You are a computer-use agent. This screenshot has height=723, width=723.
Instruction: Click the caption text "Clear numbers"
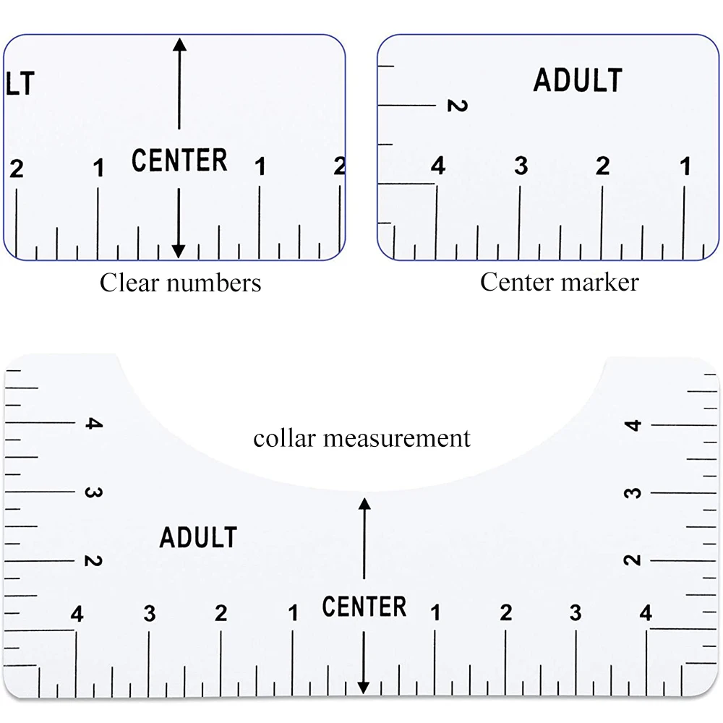[180, 282]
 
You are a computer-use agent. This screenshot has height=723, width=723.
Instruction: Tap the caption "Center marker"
[559, 281]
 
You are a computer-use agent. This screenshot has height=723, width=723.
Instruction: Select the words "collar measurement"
[361, 437]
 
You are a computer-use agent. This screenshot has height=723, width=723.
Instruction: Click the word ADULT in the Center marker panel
[578, 80]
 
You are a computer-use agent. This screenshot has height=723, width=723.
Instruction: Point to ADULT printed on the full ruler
[198, 537]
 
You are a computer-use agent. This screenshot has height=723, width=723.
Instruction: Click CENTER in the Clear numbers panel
[179, 160]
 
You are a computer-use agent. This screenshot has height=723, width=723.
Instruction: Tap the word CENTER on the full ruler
[364, 607]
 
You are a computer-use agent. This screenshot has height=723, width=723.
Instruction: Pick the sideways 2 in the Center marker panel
[456, 106]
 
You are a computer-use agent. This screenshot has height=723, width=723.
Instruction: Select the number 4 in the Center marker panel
[438, 166]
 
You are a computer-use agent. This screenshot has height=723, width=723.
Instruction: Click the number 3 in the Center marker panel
[521, 166]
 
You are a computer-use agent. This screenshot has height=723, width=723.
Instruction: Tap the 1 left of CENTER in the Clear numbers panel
[98, 168]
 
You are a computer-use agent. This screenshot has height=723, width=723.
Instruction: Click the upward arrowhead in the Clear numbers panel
[179, 44]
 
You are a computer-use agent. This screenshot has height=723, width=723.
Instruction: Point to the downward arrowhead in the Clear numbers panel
[179, 251]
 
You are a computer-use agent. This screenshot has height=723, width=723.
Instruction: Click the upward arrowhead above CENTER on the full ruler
[364, 503]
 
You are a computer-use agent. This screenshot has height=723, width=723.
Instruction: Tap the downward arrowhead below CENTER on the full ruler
[364, 687]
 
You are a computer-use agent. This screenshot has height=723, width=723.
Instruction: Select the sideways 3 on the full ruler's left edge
[93, 492]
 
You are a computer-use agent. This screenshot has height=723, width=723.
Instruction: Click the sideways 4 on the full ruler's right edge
[634, 424]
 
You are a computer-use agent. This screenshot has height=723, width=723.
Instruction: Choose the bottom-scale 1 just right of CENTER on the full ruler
[435, 614]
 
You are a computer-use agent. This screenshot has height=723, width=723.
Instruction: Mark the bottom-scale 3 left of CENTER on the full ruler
[150, 614]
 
